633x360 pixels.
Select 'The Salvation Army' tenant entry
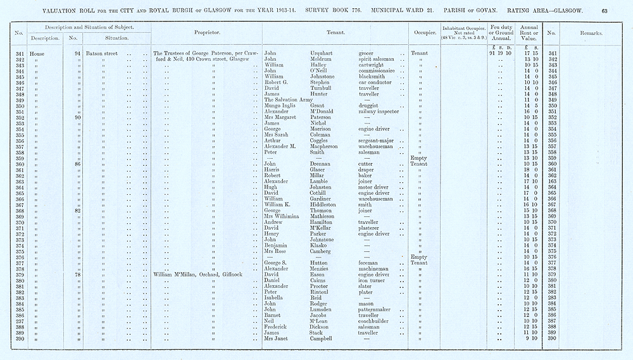pos(288,100)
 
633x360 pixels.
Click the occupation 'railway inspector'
pos(379,111)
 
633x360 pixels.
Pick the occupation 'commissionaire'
pos(377,71)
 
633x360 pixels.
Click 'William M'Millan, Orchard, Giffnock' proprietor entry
pos(193,275)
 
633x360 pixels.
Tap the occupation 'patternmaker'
pos(378,309)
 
